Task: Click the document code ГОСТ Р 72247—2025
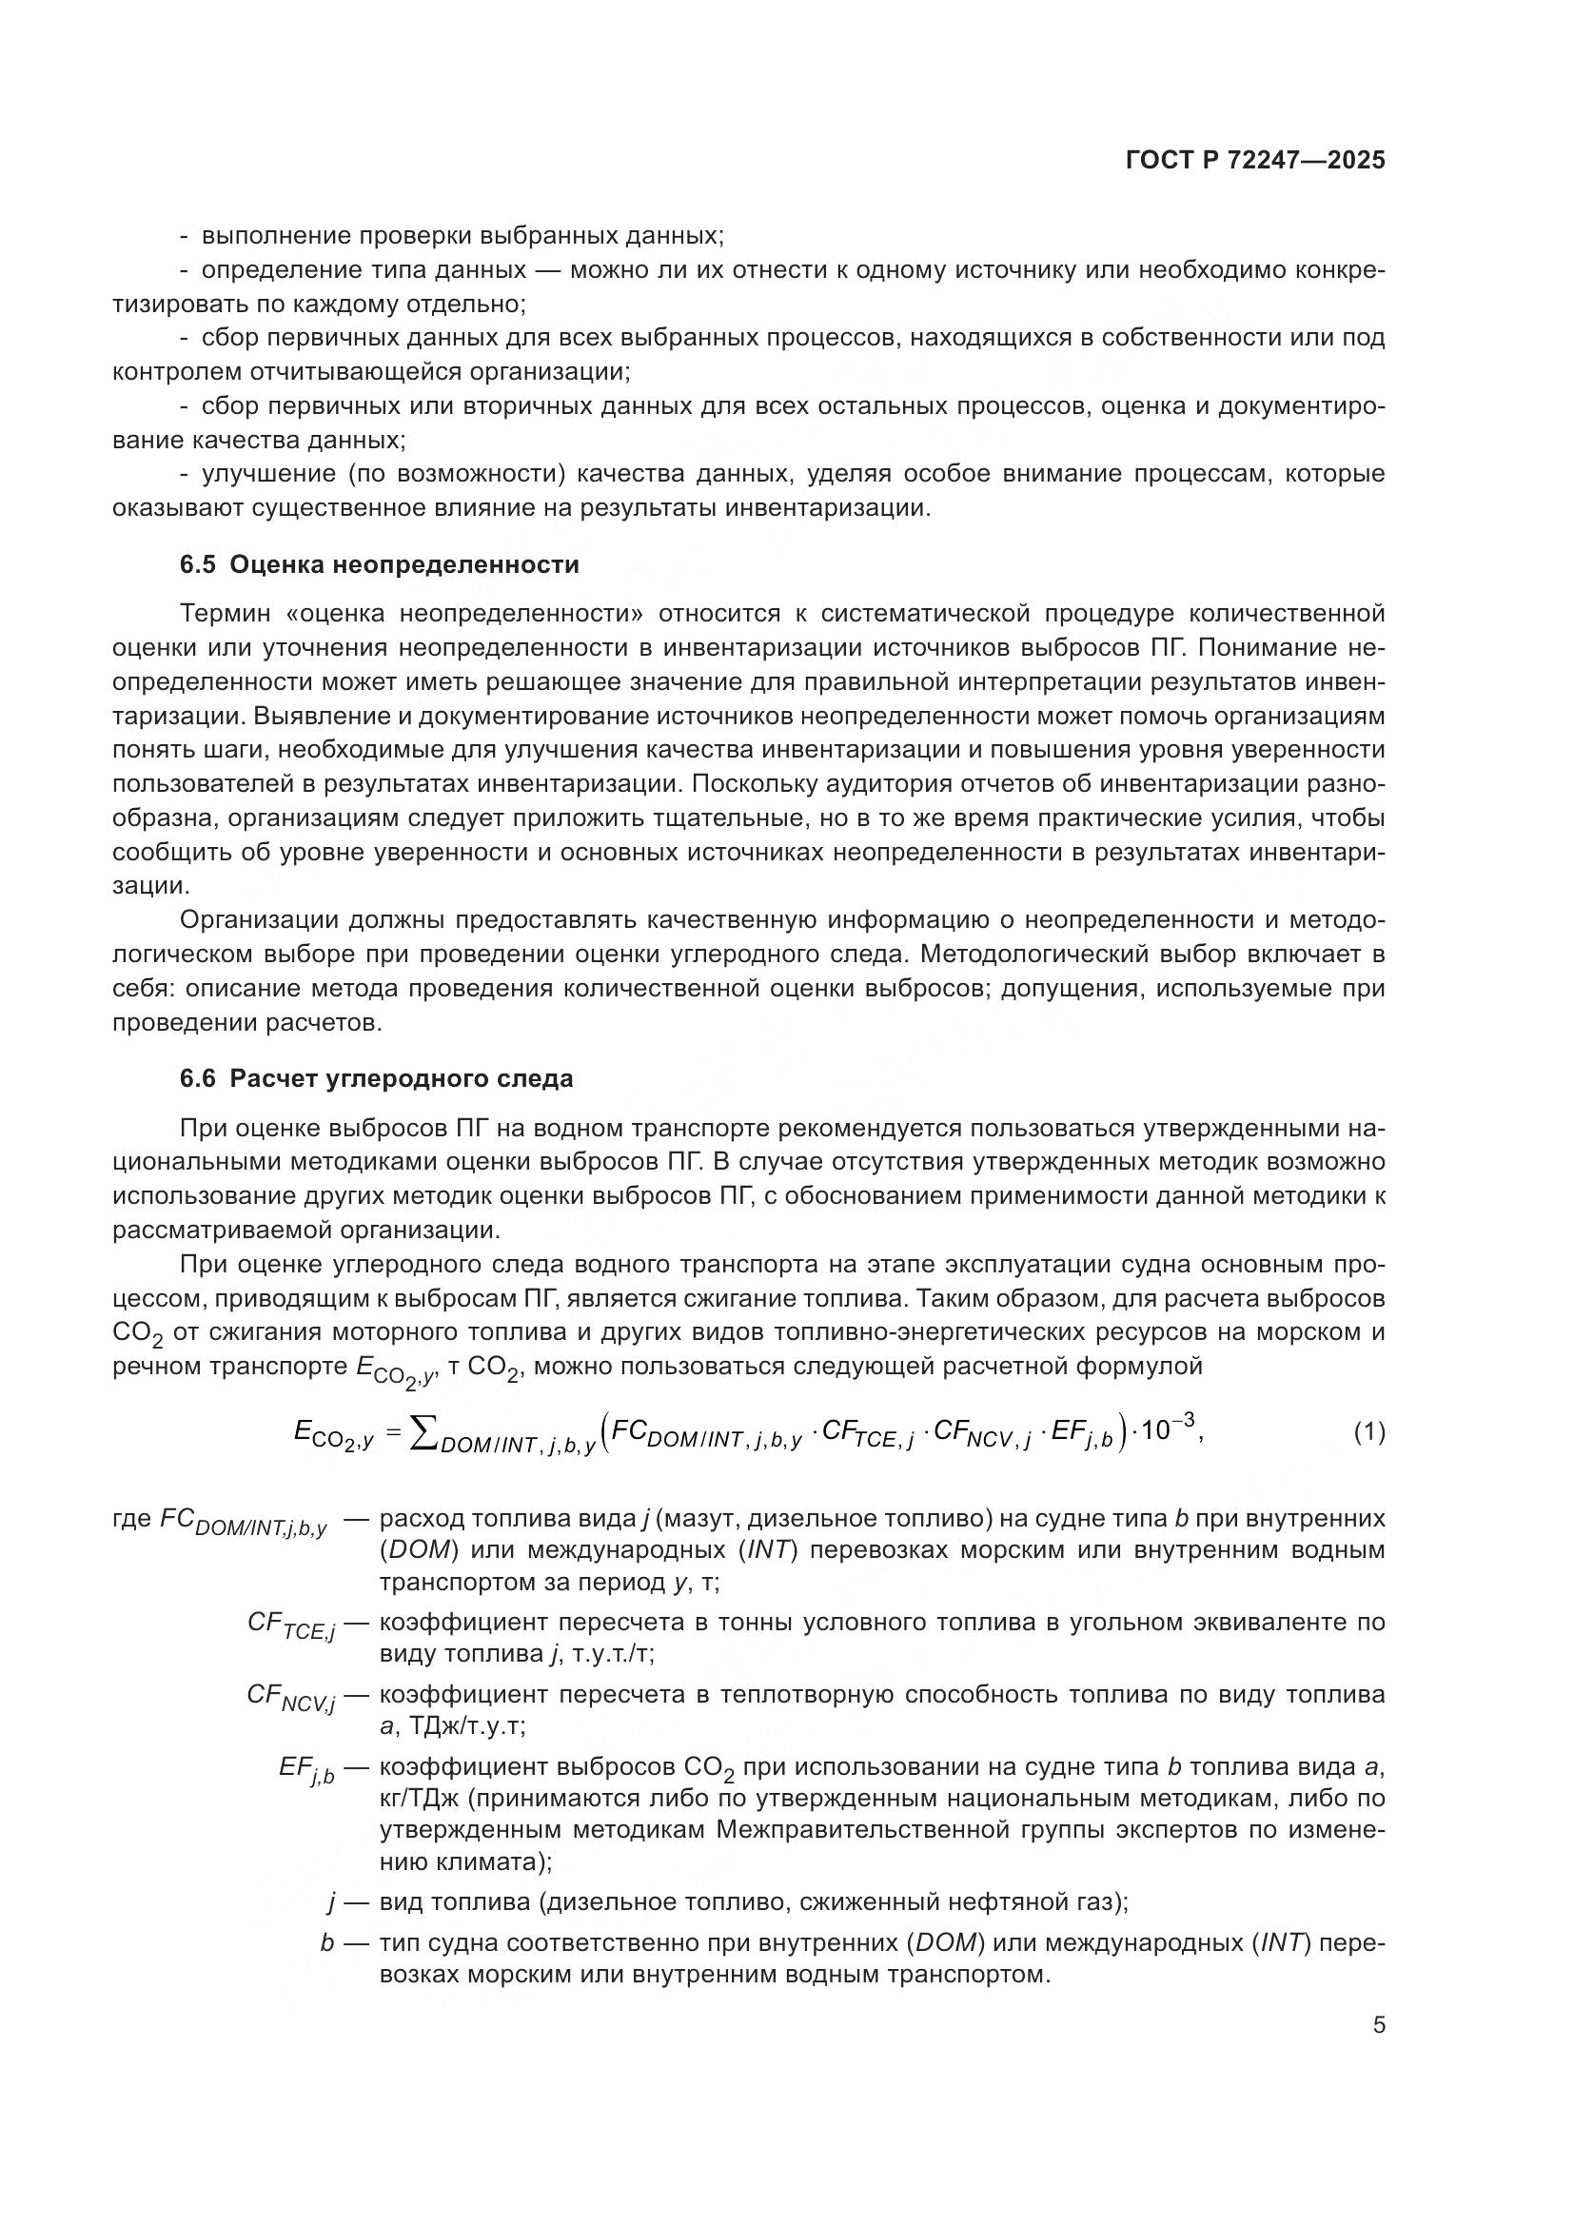click(1255, 161)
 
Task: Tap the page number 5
click(1378, 2025)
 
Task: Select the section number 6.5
click(198, 565)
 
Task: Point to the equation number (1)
click(1368, 1432)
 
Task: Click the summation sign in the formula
click(424, 1432)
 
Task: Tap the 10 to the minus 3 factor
click(1166, 1428)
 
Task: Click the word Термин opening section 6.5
click(227, 614)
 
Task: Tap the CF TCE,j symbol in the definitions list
click(291, 1625)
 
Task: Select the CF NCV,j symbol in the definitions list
click(291, 1697)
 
